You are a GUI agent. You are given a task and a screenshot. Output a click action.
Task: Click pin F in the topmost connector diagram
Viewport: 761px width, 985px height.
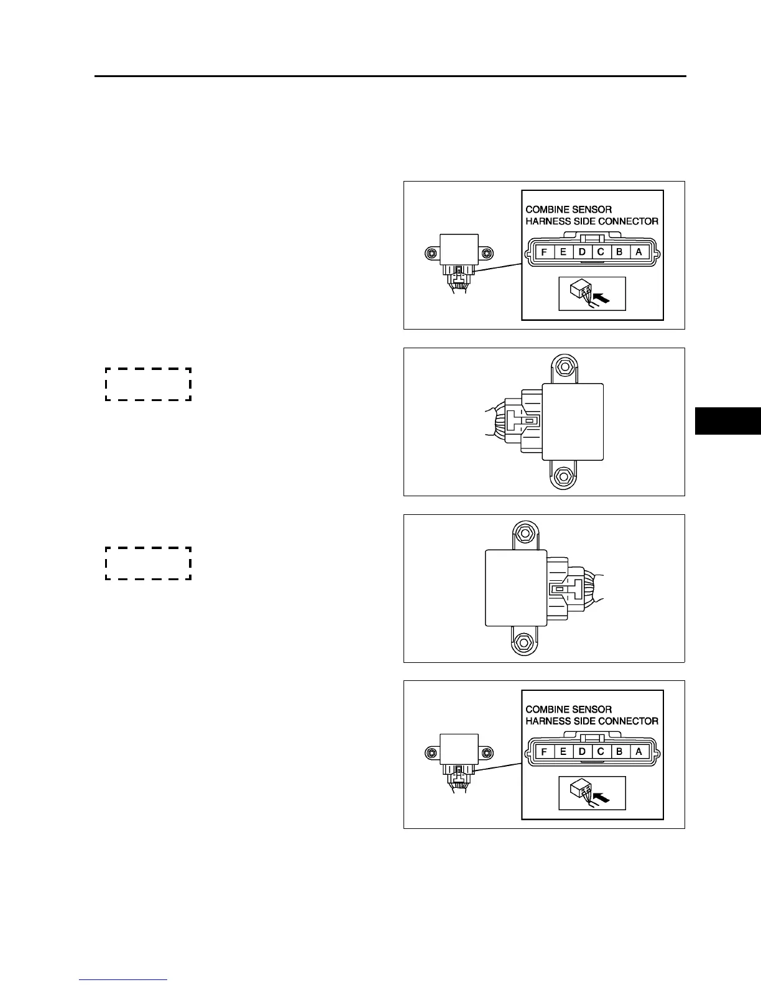click(x=544, y=252)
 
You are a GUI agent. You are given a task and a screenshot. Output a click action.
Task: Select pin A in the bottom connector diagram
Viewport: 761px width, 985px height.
click(x=639, y=752)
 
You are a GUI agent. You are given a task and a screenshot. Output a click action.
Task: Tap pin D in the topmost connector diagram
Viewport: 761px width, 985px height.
click(x=582, y=252)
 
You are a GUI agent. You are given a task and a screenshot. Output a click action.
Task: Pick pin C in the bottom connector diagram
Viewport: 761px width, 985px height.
click(x=601, y=752)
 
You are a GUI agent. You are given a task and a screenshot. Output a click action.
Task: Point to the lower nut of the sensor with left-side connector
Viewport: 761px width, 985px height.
click(x=563, y=476)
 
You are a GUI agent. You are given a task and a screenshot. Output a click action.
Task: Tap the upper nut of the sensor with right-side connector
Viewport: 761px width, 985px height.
click(x=523, y=532)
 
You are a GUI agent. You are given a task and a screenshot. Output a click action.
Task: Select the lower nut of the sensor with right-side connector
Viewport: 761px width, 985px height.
click(x=523, y=643)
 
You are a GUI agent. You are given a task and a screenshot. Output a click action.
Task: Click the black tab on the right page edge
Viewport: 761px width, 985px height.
click(x=727, y=420)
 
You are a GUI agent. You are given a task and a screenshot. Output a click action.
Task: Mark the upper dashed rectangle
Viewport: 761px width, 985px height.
click(x=148, y=384)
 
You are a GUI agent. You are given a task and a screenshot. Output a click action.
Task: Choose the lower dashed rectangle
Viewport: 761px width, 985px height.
click(x=148, y=563)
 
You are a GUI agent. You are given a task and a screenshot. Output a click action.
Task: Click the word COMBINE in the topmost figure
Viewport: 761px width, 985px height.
click(x=546, y=210)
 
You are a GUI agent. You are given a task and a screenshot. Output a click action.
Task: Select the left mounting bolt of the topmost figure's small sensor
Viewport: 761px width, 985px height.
click(x=431, y=253)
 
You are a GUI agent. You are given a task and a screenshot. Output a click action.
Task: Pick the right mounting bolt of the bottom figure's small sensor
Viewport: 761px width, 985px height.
click(x=486, y=753)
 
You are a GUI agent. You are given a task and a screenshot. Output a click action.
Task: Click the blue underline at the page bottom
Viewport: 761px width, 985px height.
click(x=123, y=980)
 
